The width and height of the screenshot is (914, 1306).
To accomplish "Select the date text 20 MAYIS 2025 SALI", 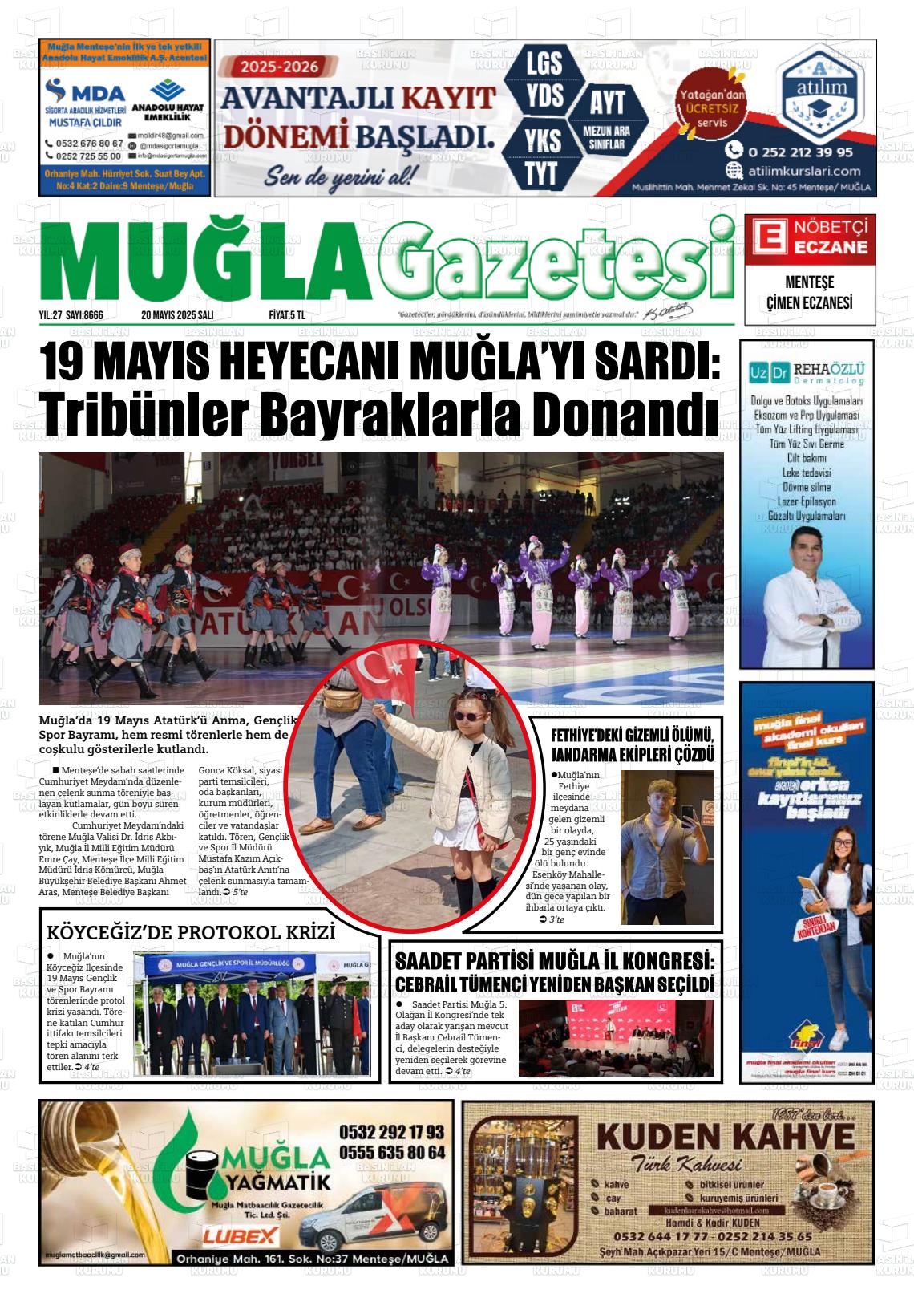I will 176,315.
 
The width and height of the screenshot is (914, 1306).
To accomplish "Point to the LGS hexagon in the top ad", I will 544,63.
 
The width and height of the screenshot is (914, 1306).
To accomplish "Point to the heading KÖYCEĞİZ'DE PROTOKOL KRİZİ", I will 191,933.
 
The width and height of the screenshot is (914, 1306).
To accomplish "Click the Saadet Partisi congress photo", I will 616,1037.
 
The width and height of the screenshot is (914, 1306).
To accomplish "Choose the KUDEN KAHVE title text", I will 726,1137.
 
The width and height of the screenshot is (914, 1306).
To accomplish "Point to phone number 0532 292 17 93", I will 391,1132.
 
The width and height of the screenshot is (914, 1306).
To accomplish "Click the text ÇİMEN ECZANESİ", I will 809,302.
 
